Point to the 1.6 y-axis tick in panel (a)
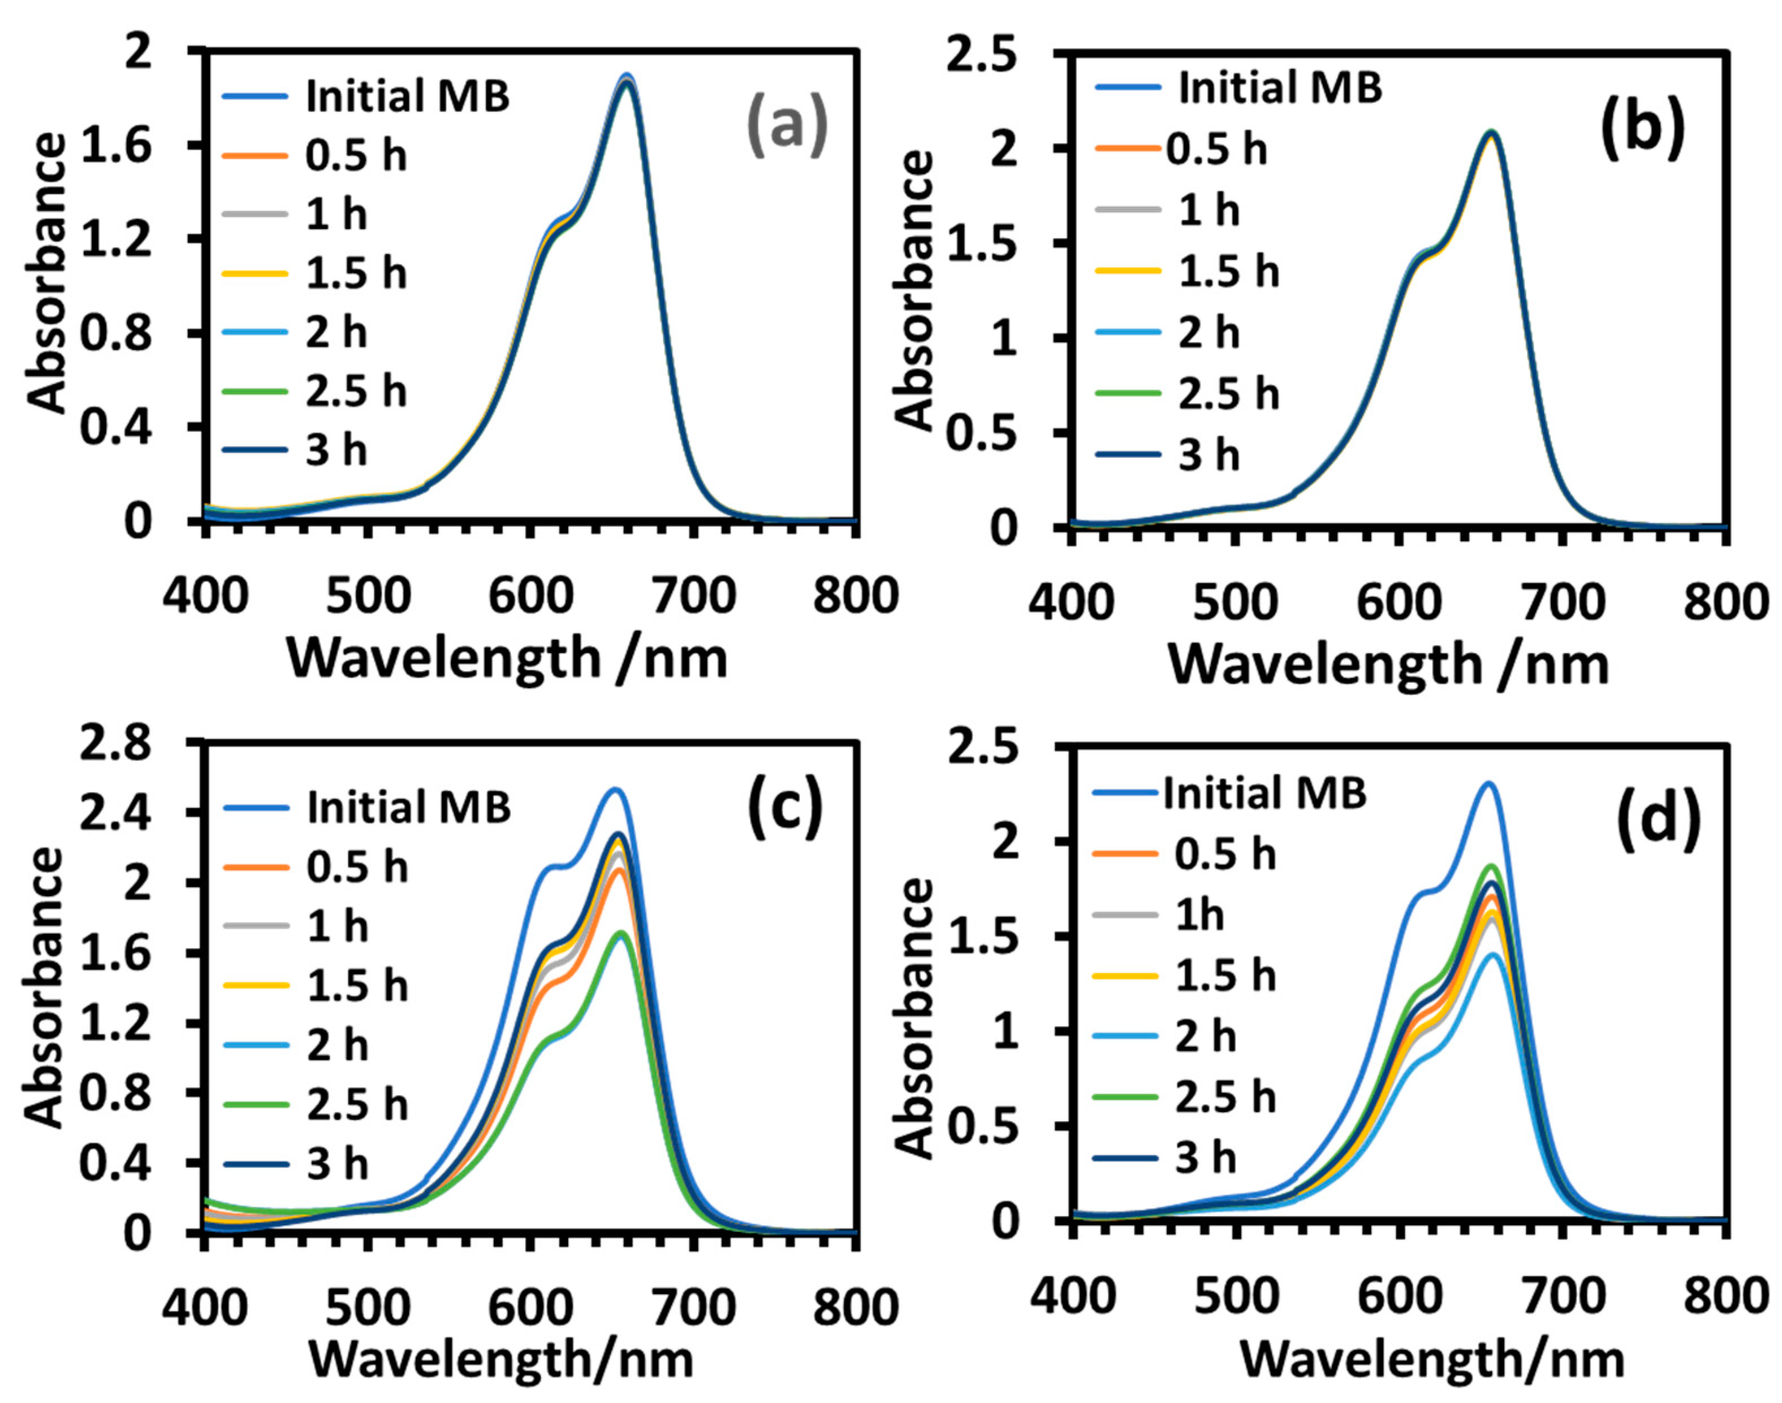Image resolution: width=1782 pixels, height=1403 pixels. (117, 145)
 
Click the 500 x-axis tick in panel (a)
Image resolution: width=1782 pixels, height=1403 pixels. (367, 596)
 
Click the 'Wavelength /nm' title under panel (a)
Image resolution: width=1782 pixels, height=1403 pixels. (508, 659)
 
